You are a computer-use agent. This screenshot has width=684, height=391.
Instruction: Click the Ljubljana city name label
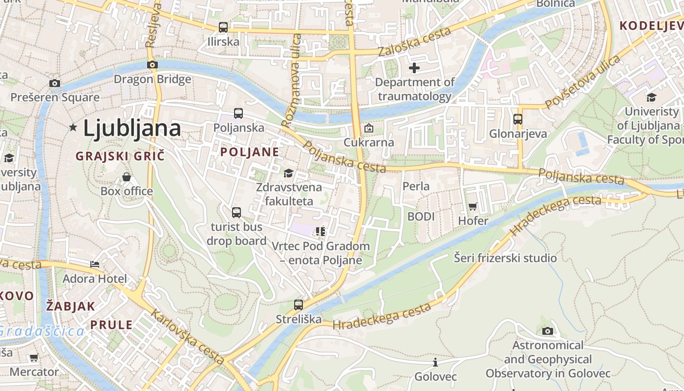[x=132, y=128]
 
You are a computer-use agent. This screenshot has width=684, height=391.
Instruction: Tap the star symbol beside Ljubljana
[x=73, y=128]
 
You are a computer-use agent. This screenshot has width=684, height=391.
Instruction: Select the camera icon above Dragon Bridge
[x=152, y=65]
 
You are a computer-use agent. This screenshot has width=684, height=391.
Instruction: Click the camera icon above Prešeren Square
[x=55, y=83]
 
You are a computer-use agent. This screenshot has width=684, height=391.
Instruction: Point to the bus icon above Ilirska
[x=223, y=27]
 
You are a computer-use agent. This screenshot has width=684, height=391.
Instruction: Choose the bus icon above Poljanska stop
[x=238, y=113]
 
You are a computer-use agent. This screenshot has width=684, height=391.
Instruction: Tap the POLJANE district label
[x=250, y=152]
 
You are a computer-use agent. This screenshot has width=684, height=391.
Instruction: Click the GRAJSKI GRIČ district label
[x=120, y=156]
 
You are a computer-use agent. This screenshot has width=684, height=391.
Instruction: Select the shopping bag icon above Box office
[x=127, y=176]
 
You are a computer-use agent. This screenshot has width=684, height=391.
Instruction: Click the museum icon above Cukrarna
[x=369, y=128]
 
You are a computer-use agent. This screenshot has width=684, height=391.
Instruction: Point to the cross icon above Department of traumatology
[x=414, y=68]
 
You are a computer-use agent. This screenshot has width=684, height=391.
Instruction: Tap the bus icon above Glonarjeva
[x=518, y=119]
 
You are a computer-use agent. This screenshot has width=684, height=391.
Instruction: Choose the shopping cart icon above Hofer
[x=472, y=207]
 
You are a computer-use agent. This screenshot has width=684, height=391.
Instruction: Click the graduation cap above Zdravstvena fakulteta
[x=289, y=173]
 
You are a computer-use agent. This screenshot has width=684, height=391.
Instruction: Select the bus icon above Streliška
[x=299, y=305]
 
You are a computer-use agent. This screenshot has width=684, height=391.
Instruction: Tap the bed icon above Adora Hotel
[x=95, y=264]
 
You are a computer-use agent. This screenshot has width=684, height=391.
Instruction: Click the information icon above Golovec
[x=435, y=362]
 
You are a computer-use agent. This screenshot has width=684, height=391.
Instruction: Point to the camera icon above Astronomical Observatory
[x=548, y=331]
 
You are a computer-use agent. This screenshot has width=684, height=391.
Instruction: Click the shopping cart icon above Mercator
[x=34, y=358]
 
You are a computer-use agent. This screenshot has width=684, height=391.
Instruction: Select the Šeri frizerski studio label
[x=505, y=258]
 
